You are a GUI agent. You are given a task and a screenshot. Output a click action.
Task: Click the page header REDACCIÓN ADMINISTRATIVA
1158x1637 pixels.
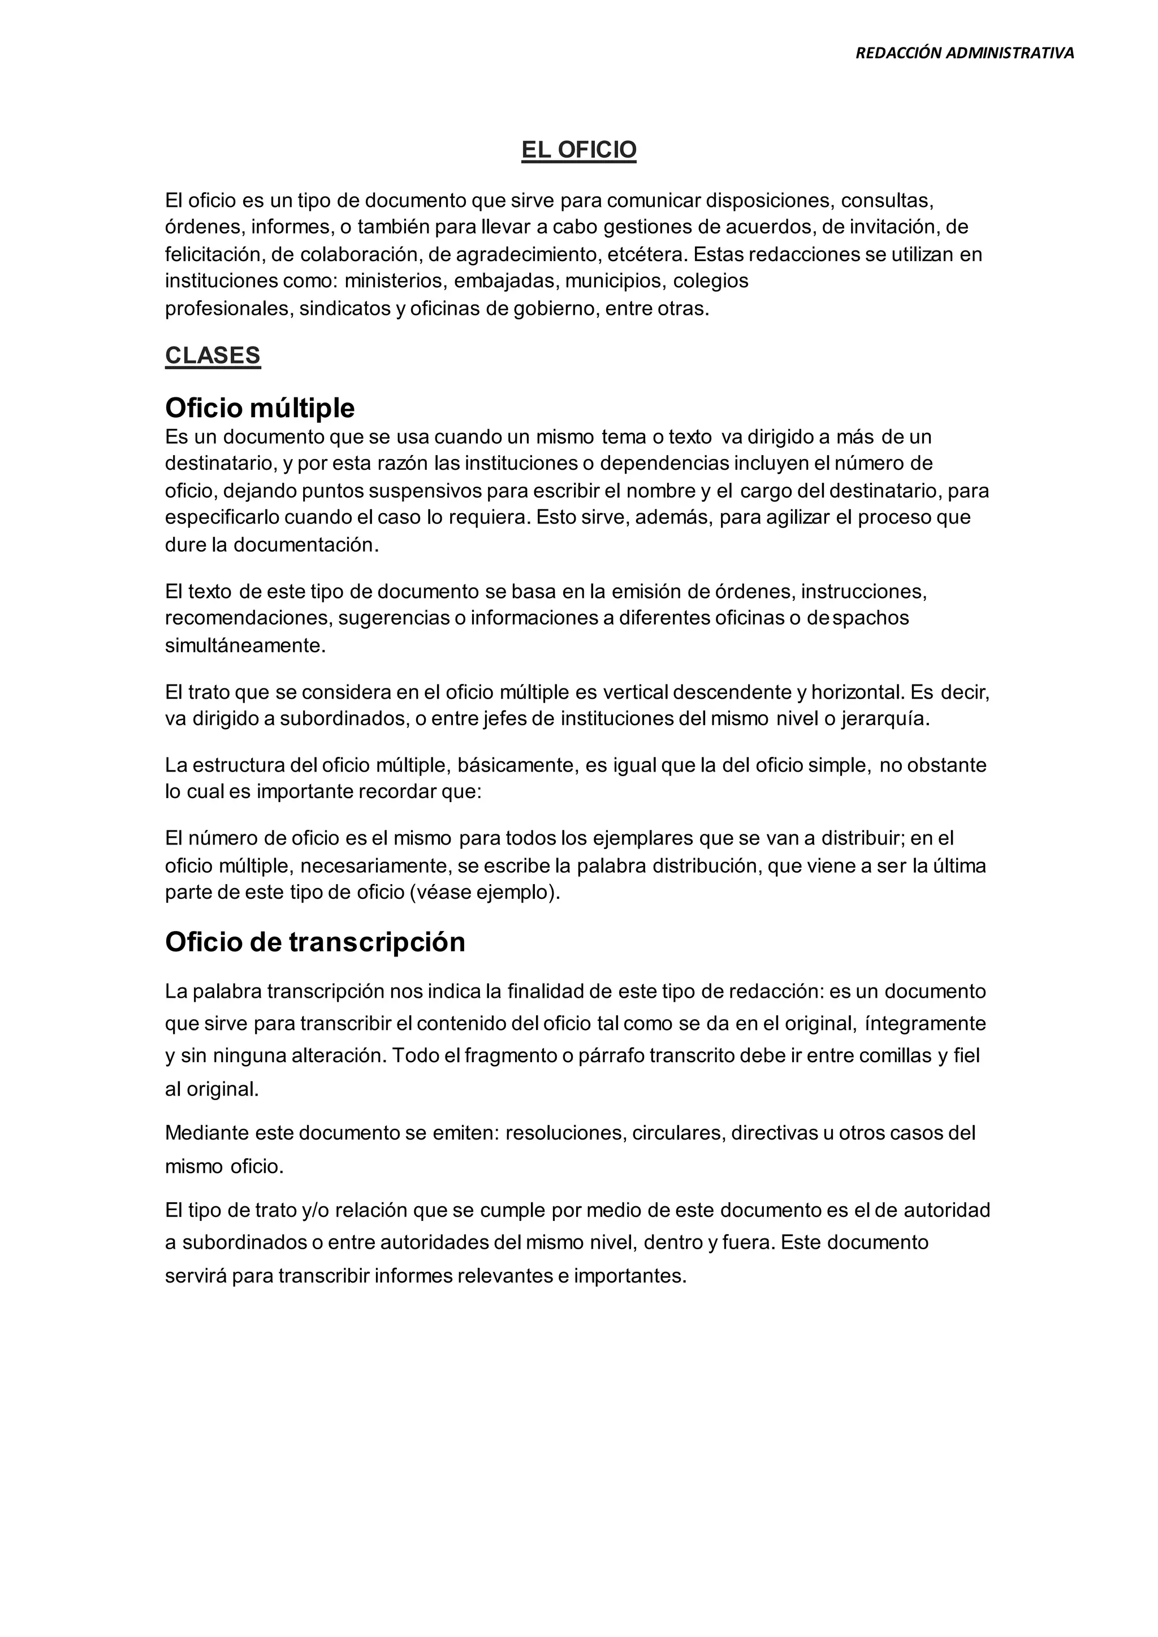tap(964, 53)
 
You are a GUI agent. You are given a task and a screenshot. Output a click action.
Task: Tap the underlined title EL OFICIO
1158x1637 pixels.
tap(578, 150)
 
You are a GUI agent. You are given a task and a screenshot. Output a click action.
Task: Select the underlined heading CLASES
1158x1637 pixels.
tap(213, 355)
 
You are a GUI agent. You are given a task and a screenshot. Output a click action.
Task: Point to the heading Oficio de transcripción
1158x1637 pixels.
tap(314, 942)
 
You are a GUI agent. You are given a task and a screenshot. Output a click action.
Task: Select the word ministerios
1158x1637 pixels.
tap(393, 281)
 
